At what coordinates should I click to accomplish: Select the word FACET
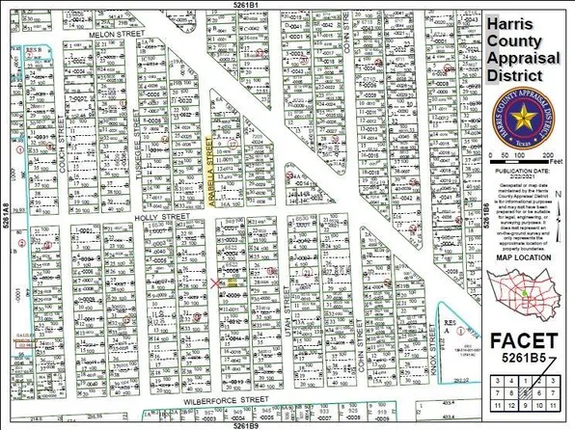click(x=523, y=340)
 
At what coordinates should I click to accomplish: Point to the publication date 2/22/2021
click(x=527, y=174)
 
